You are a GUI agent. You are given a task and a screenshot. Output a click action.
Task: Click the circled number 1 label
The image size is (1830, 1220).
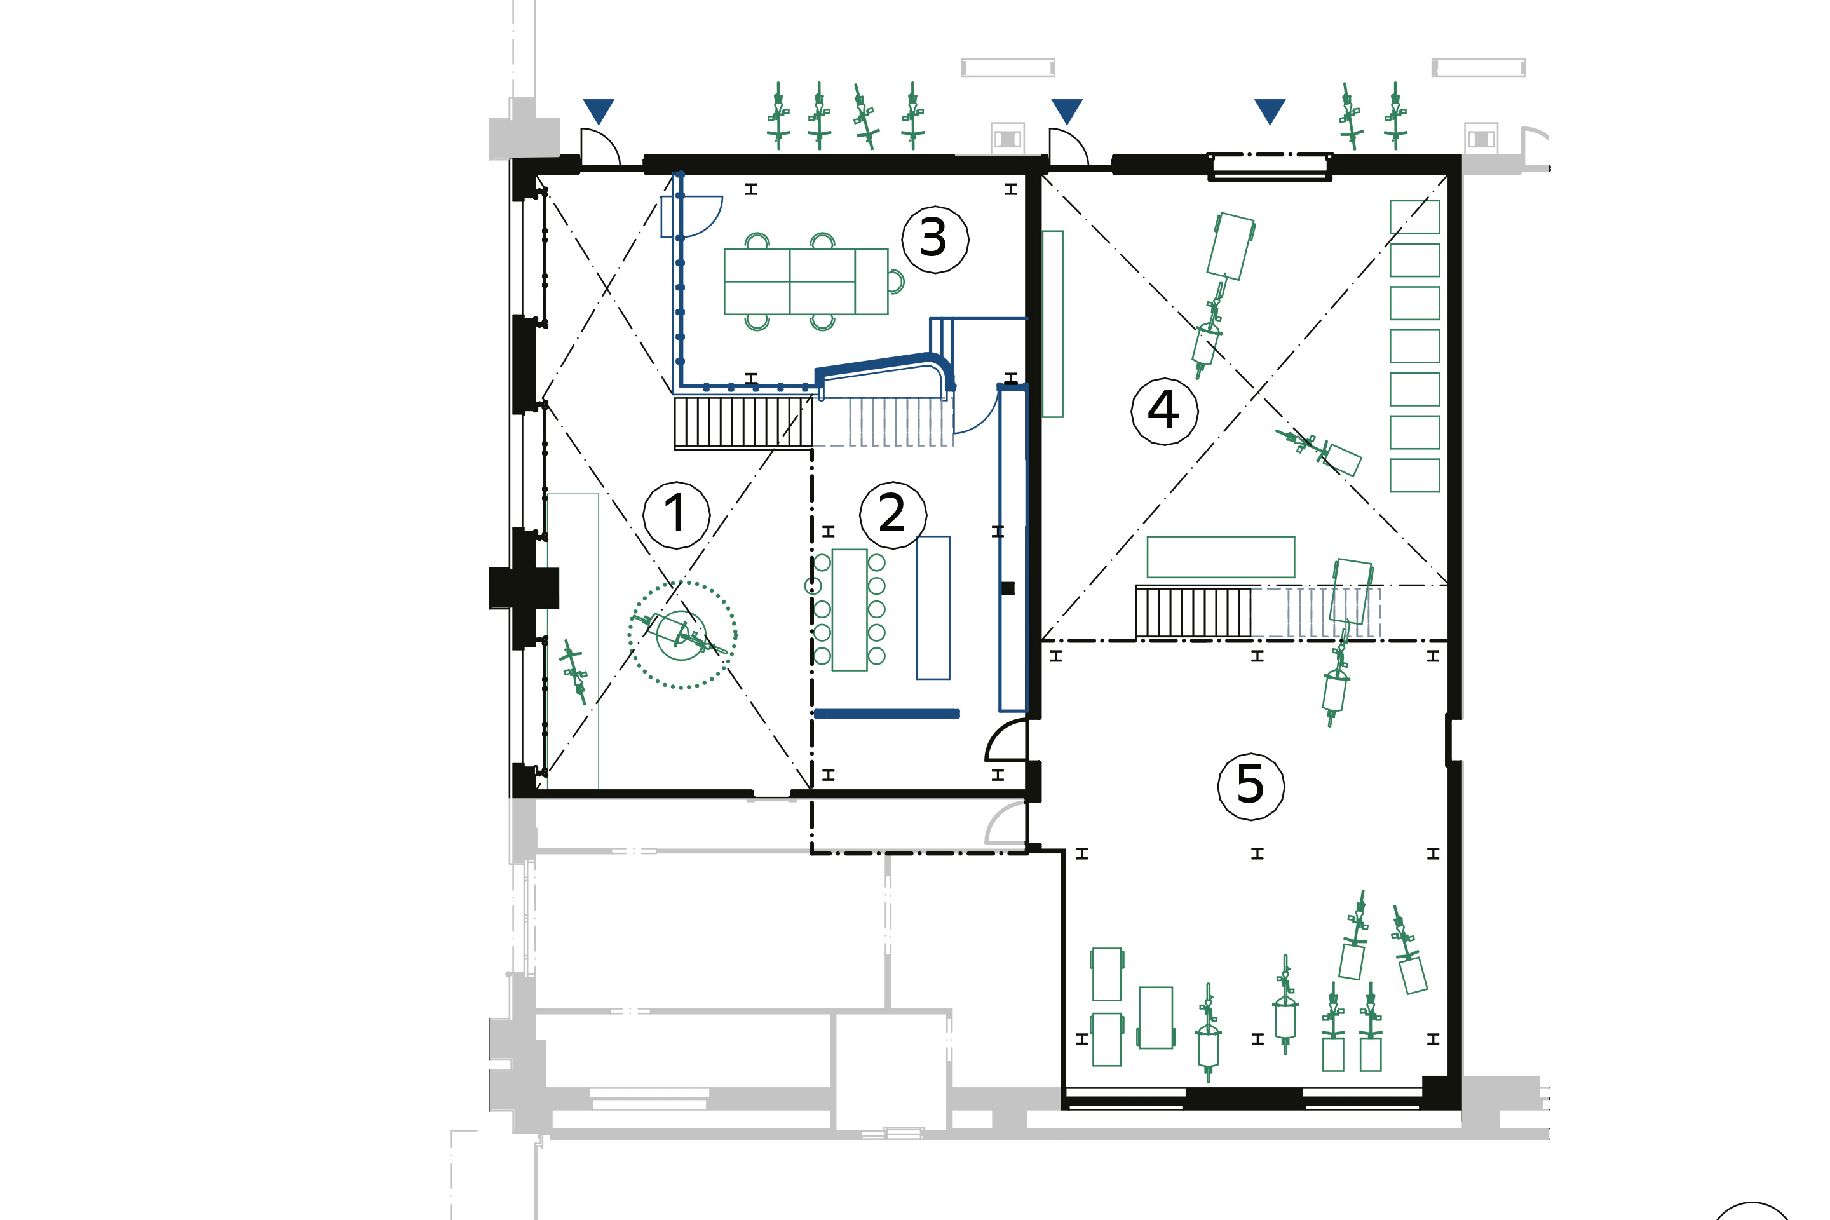click(x=676, y=515)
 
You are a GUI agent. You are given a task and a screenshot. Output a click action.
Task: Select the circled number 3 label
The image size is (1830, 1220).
click(x=935, y=240)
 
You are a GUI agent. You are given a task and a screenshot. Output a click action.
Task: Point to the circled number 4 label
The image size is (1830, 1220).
click(x=1164, y=412)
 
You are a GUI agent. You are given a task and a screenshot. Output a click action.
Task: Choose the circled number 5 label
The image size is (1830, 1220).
click(x=1250, y=787)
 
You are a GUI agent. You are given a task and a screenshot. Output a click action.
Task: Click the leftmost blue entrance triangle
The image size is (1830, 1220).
click(x=599, y=111)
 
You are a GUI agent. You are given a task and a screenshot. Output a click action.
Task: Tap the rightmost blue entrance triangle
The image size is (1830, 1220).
click(x=1269, y=111)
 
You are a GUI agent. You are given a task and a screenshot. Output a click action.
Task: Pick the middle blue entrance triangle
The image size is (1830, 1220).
click(x=1066, y=111)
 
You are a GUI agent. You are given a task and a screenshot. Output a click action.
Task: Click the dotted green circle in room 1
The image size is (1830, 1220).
click(x=682, y=582)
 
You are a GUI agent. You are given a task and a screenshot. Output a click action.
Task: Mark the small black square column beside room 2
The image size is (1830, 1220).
click(x=1008, y=588)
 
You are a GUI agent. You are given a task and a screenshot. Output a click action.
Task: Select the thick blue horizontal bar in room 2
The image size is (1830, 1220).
click(x=886, y=714)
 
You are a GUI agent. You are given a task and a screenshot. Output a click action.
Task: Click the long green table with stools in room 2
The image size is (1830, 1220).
click(x=849, y=610)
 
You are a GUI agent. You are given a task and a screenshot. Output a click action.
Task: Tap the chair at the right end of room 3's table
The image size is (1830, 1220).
click(x=897, y=281)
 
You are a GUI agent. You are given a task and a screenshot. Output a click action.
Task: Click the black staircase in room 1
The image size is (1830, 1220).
click(x=743, y=423)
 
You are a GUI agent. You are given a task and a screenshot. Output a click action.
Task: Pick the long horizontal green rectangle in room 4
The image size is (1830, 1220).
click(x=1221, y=557)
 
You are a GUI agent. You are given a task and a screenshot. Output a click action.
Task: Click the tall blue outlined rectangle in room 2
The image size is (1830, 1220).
click(x=933, y=607)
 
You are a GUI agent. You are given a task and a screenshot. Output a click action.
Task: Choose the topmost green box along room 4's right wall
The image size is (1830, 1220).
click(x=1414, y=217)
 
